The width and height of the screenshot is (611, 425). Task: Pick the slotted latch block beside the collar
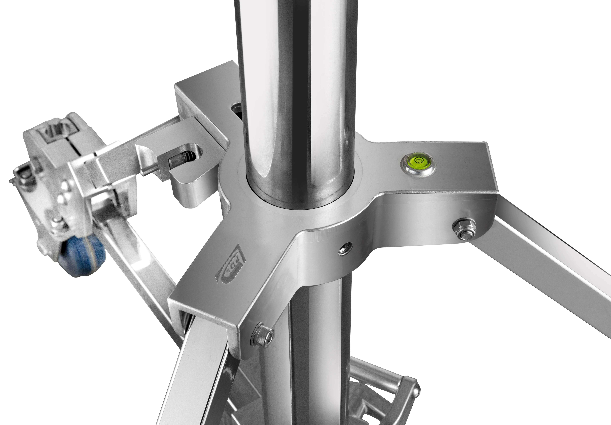click(x=183, y=165)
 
